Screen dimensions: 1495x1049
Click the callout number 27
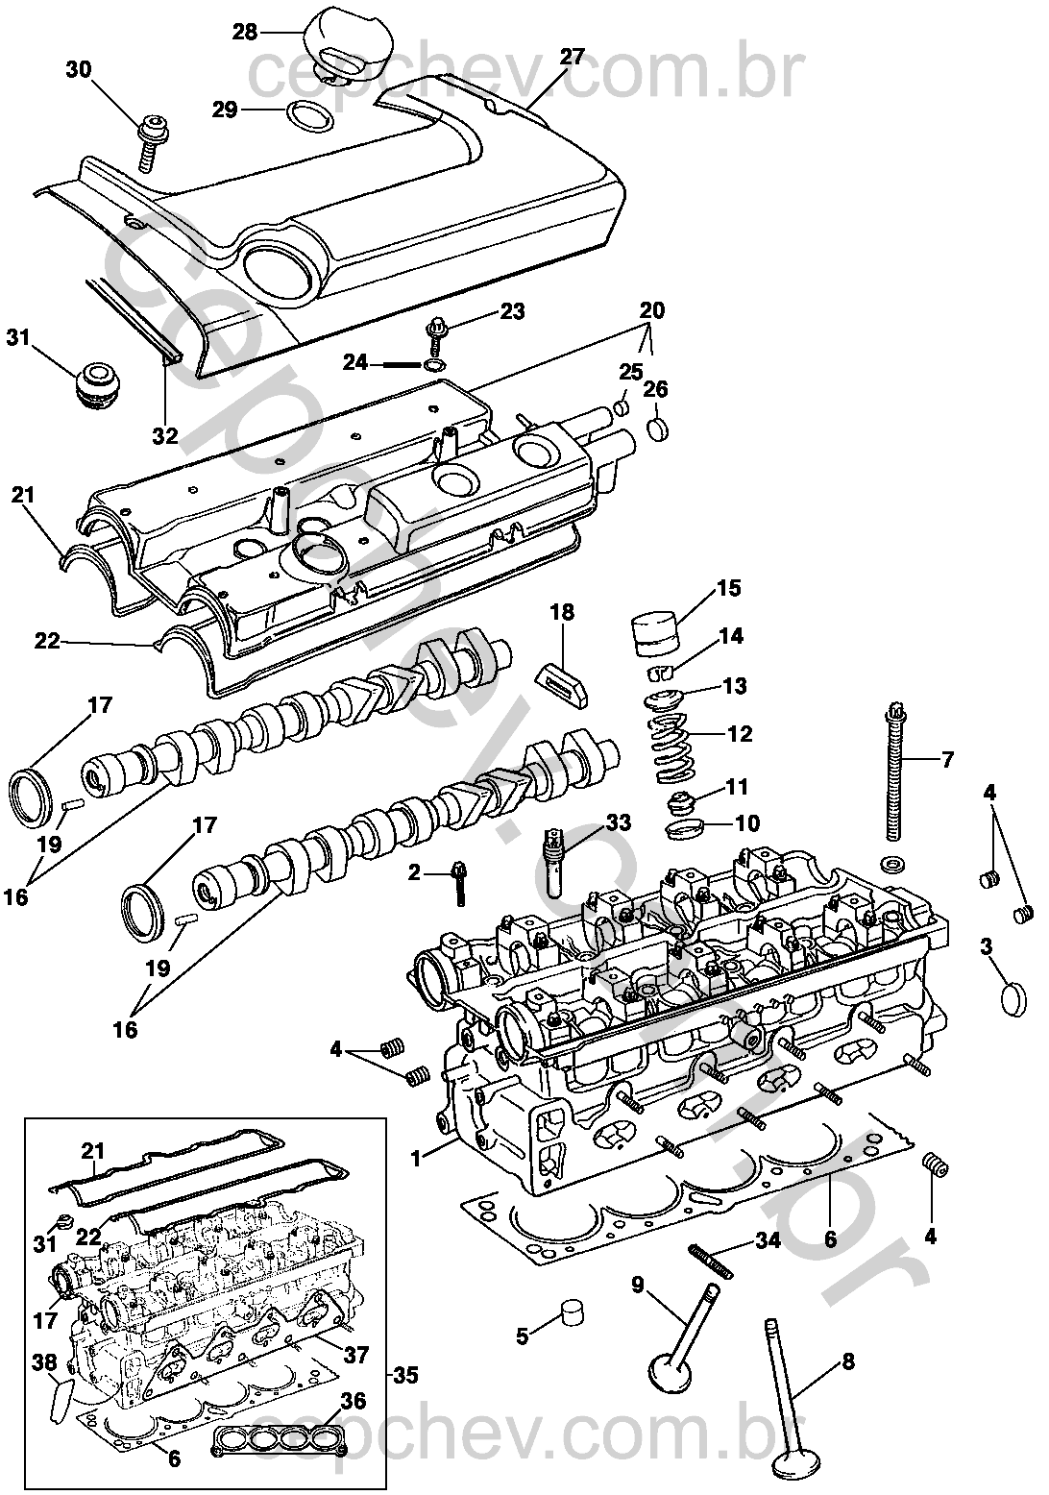click(x=572, y=57)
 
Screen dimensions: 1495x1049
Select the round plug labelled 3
click(x=1013, y=998)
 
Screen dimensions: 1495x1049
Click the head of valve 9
click(x=670, y=1369)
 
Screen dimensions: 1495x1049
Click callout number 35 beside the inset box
click(x=404, y=1376)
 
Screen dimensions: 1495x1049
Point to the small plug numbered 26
click(x=660, y=429)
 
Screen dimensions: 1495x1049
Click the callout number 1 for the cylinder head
click(x=416, y=1159)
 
